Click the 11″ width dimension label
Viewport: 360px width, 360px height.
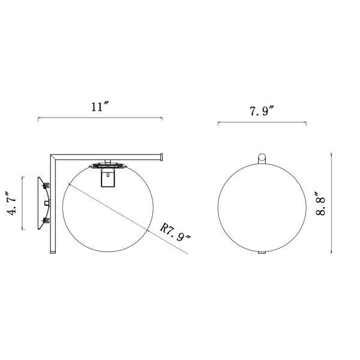(x=100, y=107)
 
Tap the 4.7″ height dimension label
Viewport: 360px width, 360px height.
(x=12, y=203)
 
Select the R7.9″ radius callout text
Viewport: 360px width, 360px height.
(x=175, y=232)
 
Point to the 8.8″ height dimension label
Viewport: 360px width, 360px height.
(x=321, y=203)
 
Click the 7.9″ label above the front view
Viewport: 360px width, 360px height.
(x=262, y=112)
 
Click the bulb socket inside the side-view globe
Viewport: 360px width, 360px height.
(x=107, y=177)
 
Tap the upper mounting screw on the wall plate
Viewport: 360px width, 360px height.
(x=46, y=185)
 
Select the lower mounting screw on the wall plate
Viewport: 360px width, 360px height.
(x=46, y=221)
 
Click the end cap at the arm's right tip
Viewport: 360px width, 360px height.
(x=161, y=157)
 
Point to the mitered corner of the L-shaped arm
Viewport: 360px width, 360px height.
(x=53, y=157)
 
